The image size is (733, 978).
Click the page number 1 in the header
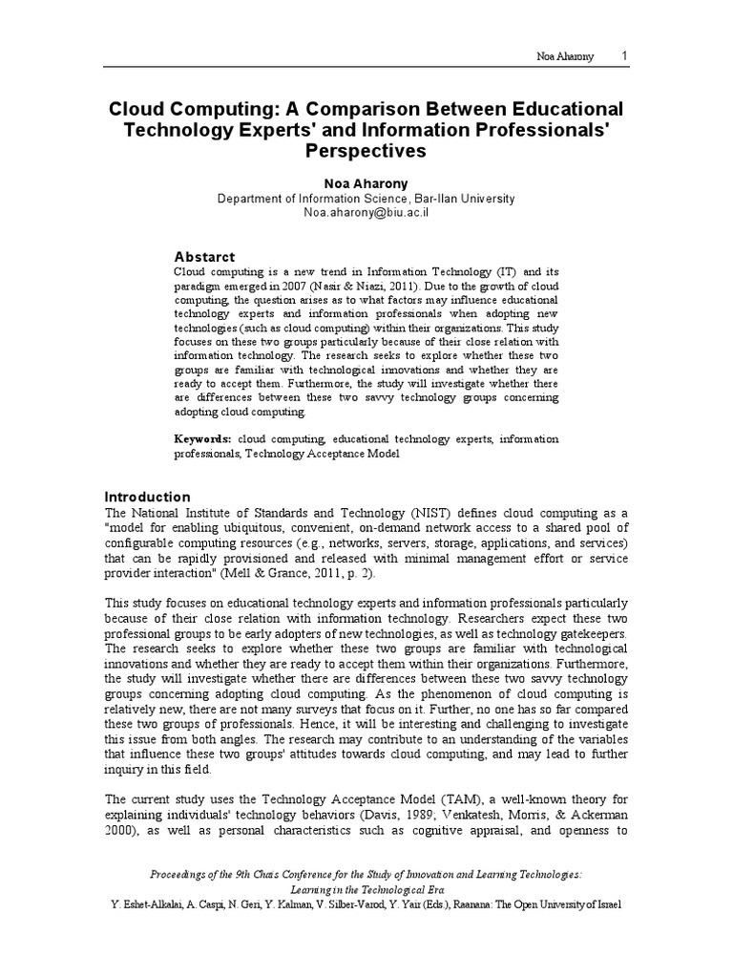point(624,56)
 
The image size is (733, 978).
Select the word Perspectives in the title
point(366,151)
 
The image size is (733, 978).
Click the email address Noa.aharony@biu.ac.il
point(366,213)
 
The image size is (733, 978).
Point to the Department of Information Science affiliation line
point(366,199)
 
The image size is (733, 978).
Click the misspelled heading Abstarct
point(203,256)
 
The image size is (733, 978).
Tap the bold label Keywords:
point(202,438)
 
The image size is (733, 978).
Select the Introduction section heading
point(147,497)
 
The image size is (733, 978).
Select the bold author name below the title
point(366,182)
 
